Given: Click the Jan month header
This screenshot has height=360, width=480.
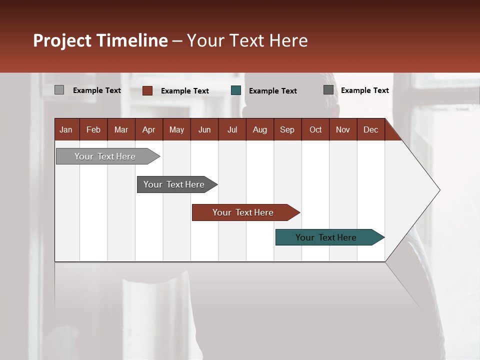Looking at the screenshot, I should (66, 129).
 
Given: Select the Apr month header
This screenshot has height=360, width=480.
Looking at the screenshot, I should (148, 129).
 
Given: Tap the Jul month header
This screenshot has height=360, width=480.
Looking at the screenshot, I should (232, 129).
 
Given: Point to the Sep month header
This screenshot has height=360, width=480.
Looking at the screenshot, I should (287, 129).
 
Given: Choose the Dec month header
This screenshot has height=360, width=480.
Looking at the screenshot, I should (370, 129).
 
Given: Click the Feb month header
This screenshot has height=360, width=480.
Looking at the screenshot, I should (93, 129).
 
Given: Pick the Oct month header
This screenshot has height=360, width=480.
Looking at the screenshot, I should (315, 129).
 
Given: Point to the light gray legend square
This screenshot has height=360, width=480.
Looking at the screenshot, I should (59, 90).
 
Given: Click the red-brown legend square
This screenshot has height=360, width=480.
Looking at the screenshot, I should (147, 90).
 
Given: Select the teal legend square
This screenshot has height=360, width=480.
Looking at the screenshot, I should (236, 90).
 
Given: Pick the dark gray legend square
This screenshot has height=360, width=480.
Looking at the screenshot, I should (328, 90).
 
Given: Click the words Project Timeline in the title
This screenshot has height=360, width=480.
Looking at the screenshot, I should (100, 40).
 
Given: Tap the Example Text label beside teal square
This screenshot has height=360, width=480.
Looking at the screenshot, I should (272, 91).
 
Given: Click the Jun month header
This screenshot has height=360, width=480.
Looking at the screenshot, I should (204, 129).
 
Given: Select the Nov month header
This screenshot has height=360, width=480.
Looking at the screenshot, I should (343, 129).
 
